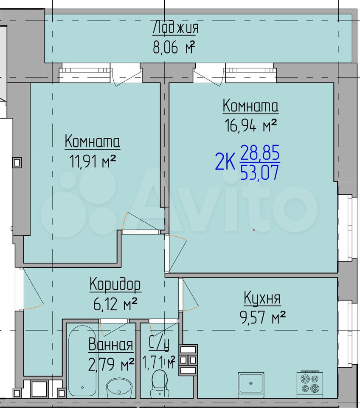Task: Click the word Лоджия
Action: point(175,28)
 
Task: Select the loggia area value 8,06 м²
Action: point(174,48)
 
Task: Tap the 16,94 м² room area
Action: point(250,126)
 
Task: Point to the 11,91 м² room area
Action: point(92,161)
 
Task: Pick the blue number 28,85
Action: point(260,153)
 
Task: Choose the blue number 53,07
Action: point(260,173)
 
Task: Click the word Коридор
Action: point(115,284)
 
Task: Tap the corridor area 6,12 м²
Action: point(115,304)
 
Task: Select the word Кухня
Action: point(262,298)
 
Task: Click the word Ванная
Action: point(111,344)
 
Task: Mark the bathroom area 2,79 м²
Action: point(111,364)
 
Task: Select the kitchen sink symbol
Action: point(251,383)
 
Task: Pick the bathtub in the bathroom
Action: point(82,362)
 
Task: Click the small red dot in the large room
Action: point(254,230)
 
